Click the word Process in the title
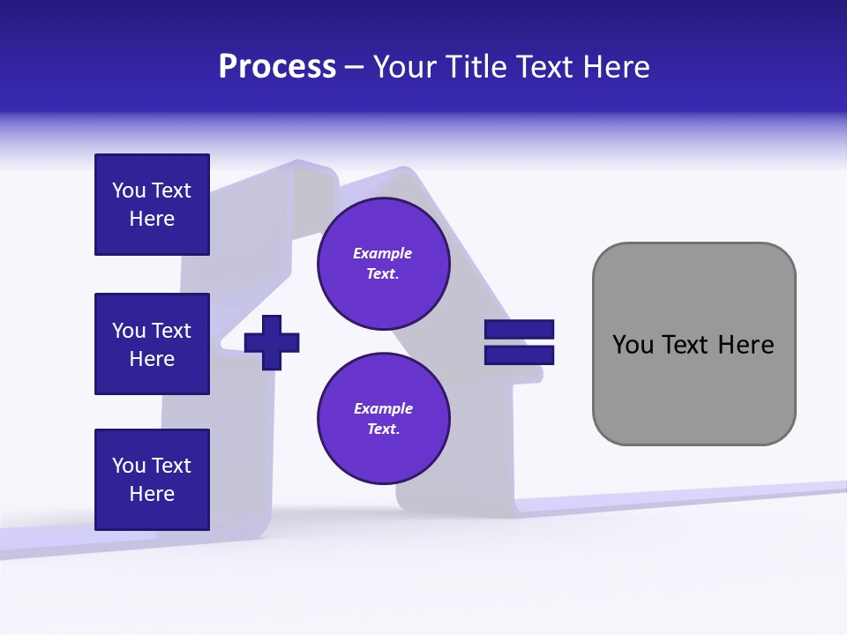point(277,67)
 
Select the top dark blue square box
point(152,205)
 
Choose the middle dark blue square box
point(152,344)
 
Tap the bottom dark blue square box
point(152,480)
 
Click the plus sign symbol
point(272,341)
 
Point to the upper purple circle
point(383,264)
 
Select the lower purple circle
point(383,419)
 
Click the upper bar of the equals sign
point(519,329)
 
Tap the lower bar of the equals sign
point(519,355)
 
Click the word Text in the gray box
point(686,345)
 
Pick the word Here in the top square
point(152,219)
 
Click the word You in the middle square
point(128,331)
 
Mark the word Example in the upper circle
point(383,253)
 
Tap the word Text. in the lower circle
point(383,430)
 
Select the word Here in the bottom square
point(152,494)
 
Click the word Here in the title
point(615,67)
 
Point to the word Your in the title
point(403,67)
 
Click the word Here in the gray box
point(746,345)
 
